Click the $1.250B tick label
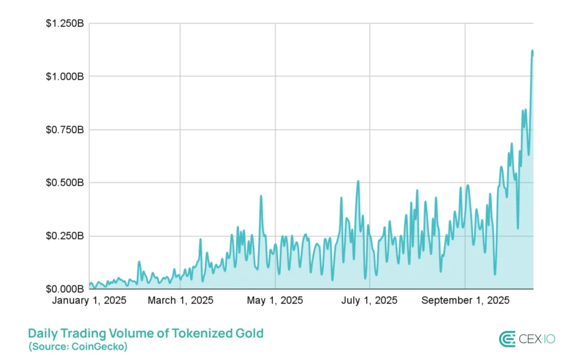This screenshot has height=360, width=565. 65,23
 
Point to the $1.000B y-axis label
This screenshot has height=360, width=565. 65,76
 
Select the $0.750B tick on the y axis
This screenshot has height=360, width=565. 65,130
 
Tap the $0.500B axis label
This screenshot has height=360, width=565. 65,182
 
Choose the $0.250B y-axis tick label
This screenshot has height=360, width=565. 65,236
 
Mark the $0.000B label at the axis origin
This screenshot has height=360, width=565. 65,289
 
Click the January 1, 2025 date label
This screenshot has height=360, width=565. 89,301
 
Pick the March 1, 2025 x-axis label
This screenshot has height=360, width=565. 180,301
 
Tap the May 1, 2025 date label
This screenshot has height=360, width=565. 275,301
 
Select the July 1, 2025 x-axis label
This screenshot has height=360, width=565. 370,301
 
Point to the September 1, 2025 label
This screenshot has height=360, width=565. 465,301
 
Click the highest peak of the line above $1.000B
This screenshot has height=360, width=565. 532,51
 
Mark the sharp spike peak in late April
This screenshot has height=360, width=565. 261,196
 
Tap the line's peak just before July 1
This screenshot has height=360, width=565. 358,181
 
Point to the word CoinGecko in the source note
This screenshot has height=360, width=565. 99,347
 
